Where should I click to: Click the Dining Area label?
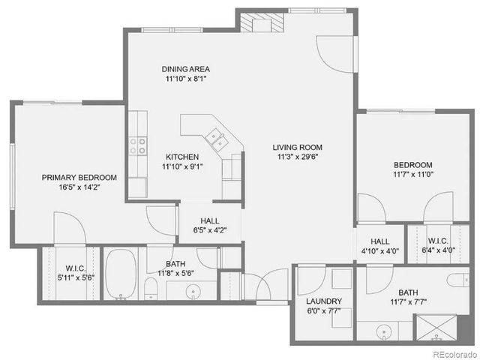click(x=184, y=68)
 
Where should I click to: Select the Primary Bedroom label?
click(x=79, y=178)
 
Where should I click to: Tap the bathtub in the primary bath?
click(x=121, y=274)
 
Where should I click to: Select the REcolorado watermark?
click(x=451, y=352)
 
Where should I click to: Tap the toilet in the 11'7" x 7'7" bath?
click(x=458, y=280)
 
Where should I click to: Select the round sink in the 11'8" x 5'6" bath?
click(x=194, y=292)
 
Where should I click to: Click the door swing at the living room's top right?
click(x=336, y=53)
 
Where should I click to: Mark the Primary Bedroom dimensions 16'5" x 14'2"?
click(x=79, y=188)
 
